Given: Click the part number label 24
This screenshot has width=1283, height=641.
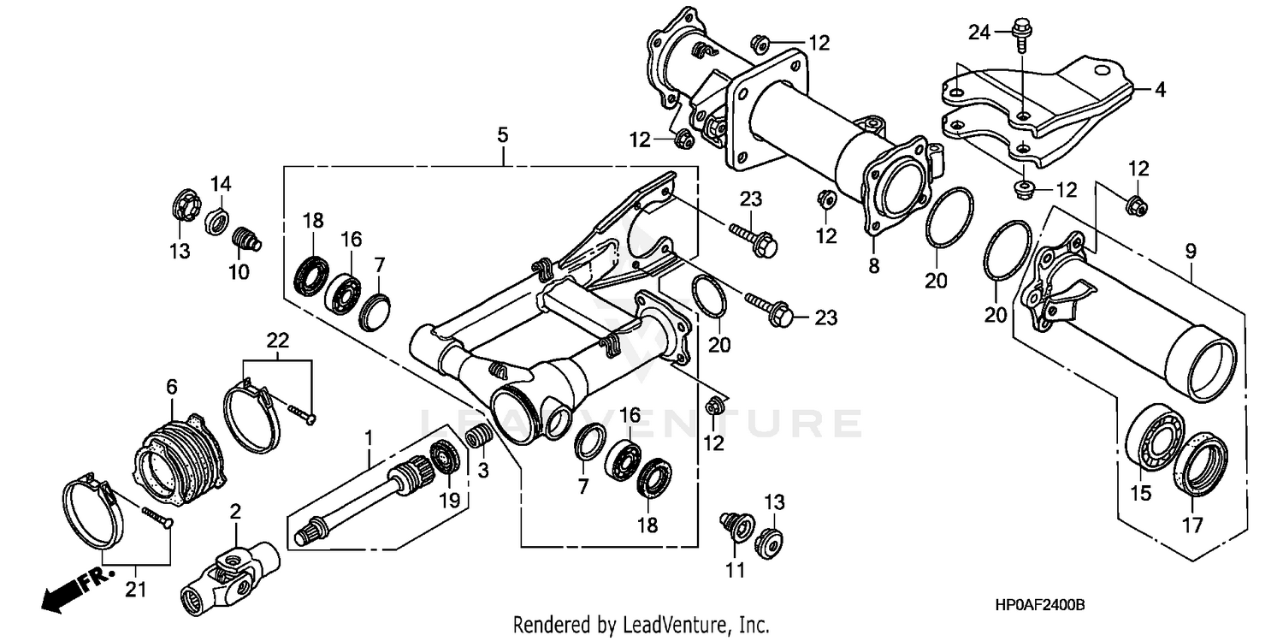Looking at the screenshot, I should pos(979,33).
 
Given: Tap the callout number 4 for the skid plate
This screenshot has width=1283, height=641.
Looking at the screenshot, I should pos(1160,88).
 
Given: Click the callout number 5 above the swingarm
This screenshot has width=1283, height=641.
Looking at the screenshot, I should pos(502,134).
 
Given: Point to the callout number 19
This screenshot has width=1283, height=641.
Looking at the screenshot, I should pos(450,499).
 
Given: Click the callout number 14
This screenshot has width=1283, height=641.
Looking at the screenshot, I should pos(222,184).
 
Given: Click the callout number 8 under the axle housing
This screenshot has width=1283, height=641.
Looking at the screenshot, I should pos(873,266).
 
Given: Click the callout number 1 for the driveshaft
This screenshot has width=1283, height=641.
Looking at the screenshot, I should pos(369,438).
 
